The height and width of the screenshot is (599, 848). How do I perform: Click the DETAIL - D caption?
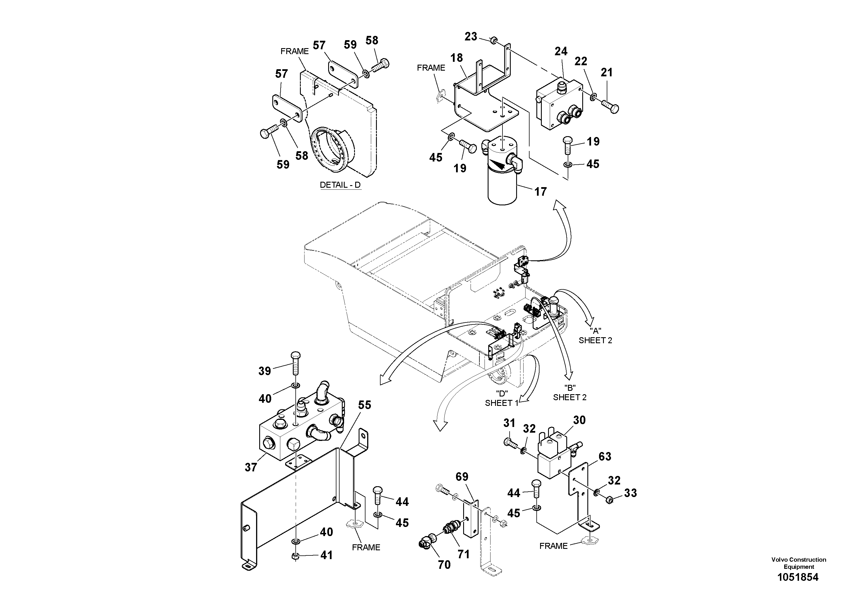point(340,185)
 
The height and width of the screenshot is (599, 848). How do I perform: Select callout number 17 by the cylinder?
point(540,192)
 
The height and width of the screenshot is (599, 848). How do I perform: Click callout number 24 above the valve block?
point(561,51)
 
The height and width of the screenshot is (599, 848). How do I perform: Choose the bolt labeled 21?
point(611,106)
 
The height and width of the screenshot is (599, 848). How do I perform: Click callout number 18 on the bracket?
point(457,58)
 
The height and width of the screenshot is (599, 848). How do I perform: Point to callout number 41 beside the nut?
point(326,555)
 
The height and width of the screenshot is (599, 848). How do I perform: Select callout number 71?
point(463,554)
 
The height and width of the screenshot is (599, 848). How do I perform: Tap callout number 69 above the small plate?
point(462,477)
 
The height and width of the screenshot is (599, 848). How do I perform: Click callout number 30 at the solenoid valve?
point(579,420)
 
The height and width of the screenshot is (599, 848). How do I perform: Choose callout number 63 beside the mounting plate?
point(605,457)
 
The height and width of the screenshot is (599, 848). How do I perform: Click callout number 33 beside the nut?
point(630,493)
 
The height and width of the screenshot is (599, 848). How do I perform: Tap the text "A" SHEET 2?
point(595,336)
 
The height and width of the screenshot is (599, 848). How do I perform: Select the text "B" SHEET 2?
point(569,393)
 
